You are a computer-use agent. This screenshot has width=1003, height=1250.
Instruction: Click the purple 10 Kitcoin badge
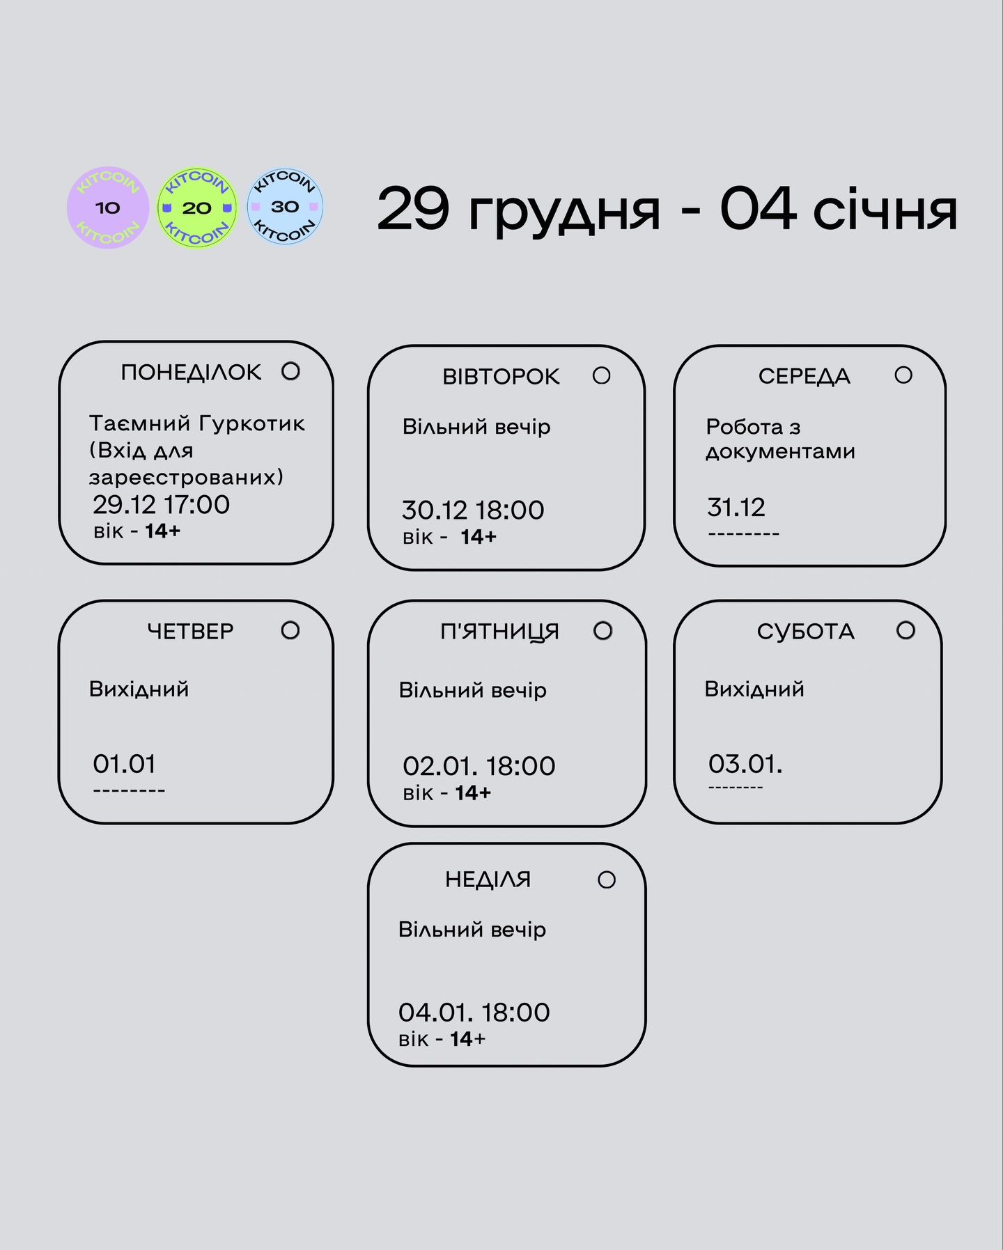(x=107, y=208)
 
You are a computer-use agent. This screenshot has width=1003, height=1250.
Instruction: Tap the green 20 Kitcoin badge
(x=196, y=208)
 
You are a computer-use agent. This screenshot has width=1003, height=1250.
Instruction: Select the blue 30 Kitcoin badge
(x=285, y=207)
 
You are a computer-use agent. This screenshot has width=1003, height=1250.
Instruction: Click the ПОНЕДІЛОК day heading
(x=191, y=373)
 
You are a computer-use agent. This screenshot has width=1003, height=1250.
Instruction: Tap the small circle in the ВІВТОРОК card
(x=602, y=376)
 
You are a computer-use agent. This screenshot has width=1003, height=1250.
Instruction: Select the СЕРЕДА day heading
(x=804, y=377)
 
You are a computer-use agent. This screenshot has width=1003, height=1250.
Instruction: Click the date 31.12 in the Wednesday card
(x=736, y=508)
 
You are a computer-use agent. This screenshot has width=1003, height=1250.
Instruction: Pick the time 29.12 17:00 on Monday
(x=161, y=505)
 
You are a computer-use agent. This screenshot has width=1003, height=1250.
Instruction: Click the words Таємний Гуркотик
(x=197, y=423)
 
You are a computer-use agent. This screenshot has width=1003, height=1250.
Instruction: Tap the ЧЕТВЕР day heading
(x=190, y=631)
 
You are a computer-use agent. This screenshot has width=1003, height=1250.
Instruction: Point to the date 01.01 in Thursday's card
(x=124, y=765)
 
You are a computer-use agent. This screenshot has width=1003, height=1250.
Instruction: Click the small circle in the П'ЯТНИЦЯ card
(x=603, y=631)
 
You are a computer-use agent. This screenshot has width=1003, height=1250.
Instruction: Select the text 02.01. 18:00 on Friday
(x=479, y=767)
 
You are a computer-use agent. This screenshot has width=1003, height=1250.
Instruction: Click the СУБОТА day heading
(x=806, y=632)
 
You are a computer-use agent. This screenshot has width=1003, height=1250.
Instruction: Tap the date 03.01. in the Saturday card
(x=745, y=765)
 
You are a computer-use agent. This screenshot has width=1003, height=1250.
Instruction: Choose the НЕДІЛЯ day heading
(x=488, y=880)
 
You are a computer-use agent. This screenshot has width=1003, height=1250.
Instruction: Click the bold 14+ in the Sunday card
(x=467, y=1040)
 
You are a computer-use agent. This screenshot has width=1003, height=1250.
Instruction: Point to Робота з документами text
(x=780, y=439)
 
